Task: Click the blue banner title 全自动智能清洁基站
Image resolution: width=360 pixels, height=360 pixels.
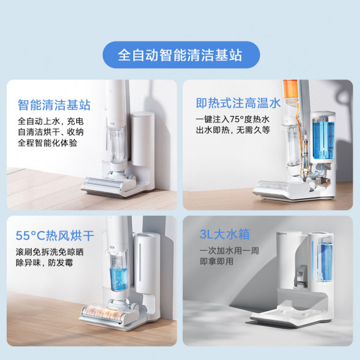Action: tap(180, 55)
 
